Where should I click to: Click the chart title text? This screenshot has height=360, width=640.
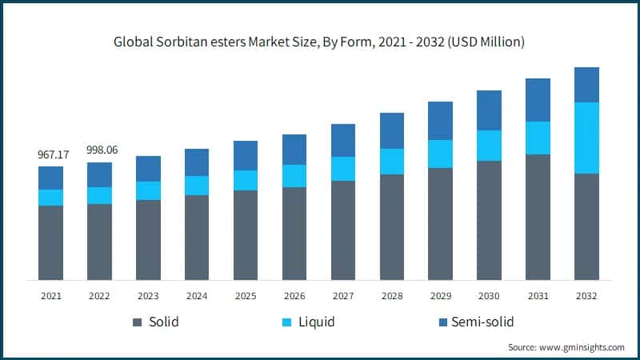[x=319, y=42]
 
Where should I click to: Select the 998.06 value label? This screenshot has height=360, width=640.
[x=100, y=150]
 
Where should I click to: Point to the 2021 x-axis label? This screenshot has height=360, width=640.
[x=51, y=295]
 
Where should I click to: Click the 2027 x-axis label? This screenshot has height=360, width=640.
[x=343, y=295]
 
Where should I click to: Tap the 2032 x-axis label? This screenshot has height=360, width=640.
[x=586, y=295]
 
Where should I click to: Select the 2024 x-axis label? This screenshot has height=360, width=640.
[x=197, y=295]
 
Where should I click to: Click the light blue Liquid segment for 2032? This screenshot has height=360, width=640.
[x=586, y=138]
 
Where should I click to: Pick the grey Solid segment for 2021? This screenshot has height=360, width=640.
[x=51, y=242]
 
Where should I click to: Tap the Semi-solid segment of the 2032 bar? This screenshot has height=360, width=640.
[x=586, y=85]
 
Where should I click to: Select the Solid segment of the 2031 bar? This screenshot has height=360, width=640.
[x=538, y=217]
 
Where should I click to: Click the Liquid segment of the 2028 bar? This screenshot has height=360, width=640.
[x=392, y=162]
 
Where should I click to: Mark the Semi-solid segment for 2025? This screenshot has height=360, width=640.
[x=246, y=155]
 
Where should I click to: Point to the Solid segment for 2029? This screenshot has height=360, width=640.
[x=441, y=224]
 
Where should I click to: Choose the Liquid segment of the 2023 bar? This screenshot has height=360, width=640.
[x=148, y=190]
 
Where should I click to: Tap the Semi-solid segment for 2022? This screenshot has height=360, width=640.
[x=100, y=174]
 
